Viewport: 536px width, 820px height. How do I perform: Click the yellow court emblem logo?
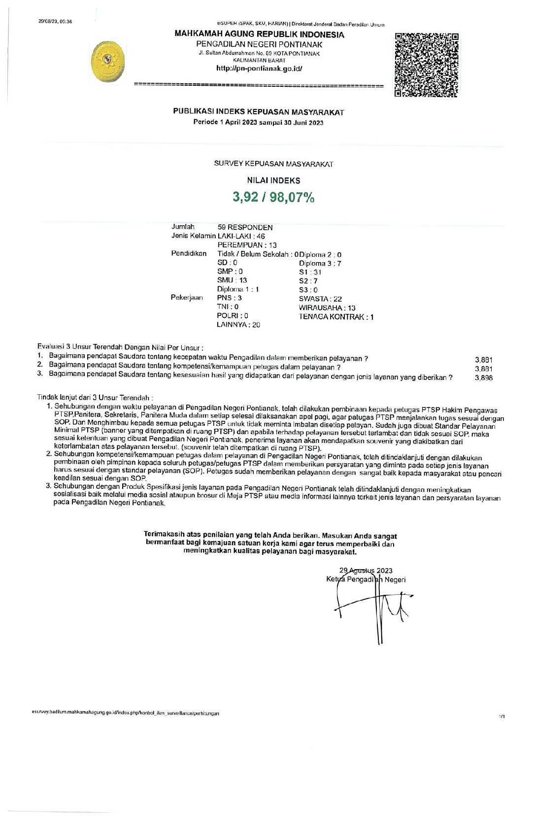pyautogui.click(x=108, y=62)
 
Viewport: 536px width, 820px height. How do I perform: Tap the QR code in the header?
pyautogui.click(x=427, y=65)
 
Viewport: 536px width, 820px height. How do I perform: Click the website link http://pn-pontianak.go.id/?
pyautogui.click(x=259, y=68)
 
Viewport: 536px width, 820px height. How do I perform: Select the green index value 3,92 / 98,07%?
pyautogui.click(x=273, y=197)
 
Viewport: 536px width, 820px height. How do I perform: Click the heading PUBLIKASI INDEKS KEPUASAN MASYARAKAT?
pyautogui.click(x=259, y=112)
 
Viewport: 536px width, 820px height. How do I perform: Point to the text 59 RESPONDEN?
pyautogui.click(x=245, y=227)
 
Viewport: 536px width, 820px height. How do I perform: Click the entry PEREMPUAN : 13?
pyautogui.click(x=247, y=245)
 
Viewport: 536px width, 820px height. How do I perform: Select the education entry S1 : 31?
pyautogui.click(x=310, y=272)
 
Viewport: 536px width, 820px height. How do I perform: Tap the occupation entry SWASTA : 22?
pyautogui.click(x=320, y=299)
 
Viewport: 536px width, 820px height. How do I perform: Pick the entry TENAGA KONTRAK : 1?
pyautogui.click(x=336, y=317)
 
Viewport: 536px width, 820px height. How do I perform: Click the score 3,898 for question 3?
pyautogui.click(x=483, y=378)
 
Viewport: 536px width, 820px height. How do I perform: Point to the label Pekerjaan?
pyautogui.click(x=187, y=298)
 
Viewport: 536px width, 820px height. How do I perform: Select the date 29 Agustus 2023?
pyautogui.click(x=366, y=571)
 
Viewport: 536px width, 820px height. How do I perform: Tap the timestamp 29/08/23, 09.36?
pyautogui.click(x=55, y=21)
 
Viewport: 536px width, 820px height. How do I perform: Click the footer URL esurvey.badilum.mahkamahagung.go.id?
pyautogui.click(x=125, y=713)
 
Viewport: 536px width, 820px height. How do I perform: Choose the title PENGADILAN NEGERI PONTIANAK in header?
pyautogui.click(x=259, y=44)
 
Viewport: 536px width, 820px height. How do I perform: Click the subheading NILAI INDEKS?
pyautogui.click(x=273, y=180)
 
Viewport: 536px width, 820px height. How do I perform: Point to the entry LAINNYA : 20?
pyautogui.click(x=238, y=325)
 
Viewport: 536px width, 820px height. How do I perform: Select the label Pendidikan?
pyautogui.click(x=189, y=253)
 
